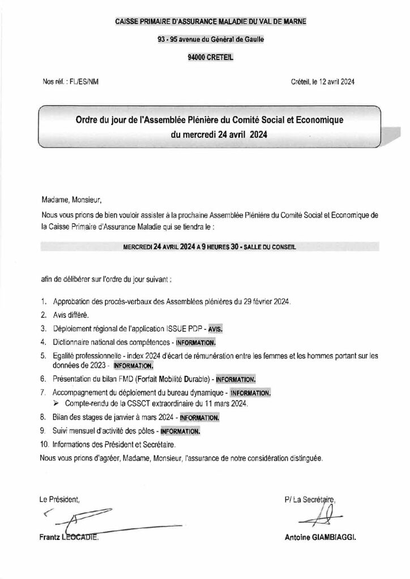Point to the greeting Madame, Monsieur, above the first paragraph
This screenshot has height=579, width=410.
tap(74, 200)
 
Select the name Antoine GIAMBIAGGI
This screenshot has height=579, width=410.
tap(320, 539)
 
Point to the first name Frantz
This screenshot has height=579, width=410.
tap(51, 539)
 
